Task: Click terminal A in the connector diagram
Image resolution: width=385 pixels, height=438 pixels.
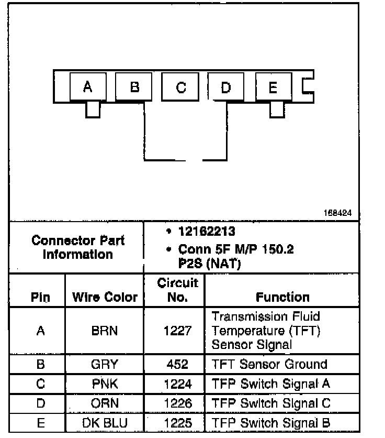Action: (88, 86)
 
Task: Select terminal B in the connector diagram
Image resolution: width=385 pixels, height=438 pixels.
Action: (134, 86)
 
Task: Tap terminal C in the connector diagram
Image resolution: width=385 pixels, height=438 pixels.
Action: (180, 86)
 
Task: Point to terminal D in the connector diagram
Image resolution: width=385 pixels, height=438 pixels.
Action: (226, 86)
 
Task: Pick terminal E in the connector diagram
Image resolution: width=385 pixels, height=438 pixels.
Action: (273, 86)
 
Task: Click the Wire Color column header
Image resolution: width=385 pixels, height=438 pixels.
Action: (104, 298)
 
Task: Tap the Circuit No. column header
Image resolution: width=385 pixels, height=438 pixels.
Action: (177, 290)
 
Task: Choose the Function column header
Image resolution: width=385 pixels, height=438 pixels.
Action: (282, 297)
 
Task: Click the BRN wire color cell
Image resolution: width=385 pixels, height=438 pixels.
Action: (104, 331)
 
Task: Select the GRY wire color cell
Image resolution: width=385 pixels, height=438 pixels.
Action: (104, 364)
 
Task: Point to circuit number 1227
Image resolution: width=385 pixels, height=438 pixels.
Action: (177, 331)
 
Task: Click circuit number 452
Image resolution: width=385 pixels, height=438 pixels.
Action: (177, 364)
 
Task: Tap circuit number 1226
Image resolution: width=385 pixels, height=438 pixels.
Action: (177, 404)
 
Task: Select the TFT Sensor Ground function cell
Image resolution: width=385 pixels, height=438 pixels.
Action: (269, 364)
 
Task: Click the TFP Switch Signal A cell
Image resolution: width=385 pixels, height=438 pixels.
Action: (270, 384)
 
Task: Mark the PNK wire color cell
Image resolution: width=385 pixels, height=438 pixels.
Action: (104, 384)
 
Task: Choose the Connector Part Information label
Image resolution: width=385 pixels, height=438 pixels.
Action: (78, 248)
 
